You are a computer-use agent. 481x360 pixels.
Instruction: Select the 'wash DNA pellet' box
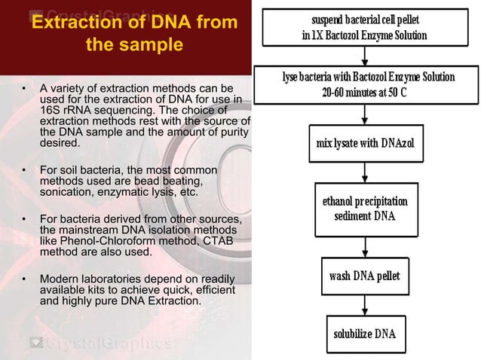coord(364,275)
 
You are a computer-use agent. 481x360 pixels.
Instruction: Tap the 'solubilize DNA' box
coord(364,333)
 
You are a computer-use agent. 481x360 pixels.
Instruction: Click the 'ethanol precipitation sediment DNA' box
coord(364,209)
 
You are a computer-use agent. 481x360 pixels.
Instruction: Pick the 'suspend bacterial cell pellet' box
coord(364,28)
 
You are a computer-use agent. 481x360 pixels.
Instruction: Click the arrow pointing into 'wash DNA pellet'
coord(364,245)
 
